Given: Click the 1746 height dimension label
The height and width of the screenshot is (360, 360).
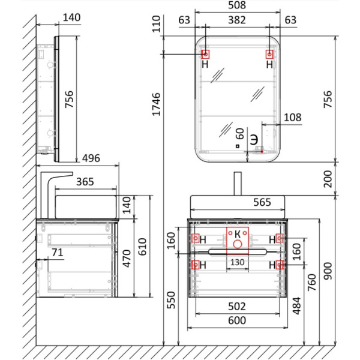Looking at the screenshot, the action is (157, 104).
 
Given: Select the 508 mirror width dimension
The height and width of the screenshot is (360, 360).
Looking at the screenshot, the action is (237, 5).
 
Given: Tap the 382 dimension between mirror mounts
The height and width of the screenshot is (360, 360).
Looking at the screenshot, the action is (237, 20).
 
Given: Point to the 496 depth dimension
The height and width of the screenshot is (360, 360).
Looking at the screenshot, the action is (91, 158).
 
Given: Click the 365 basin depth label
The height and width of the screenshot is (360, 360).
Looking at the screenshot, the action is (85, 182).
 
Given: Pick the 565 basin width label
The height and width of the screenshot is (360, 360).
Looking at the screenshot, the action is (262, 202).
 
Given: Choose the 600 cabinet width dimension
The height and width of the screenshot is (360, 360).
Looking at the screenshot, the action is (237, 320).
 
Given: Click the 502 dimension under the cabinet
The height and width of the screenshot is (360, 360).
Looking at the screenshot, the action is (237, 307).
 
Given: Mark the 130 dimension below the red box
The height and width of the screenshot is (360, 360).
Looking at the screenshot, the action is (238, 262).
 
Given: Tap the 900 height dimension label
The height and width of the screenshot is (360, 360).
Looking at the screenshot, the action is (328, 271).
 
